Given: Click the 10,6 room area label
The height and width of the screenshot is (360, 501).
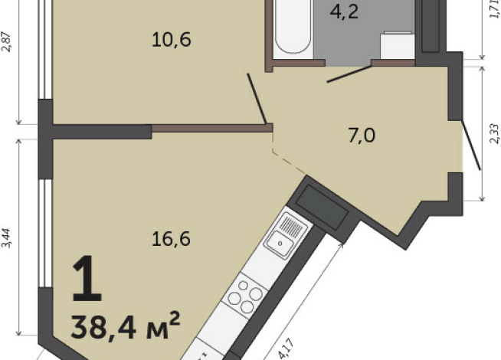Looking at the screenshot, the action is click(172, 40).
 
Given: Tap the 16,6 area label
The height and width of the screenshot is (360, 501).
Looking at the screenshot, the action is click(172, 239).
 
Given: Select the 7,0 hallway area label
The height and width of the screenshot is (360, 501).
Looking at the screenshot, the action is click(362, 136).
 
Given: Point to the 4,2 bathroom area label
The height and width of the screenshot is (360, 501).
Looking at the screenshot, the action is click(344, 12).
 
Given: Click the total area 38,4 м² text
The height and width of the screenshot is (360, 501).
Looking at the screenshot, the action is click(126, 326).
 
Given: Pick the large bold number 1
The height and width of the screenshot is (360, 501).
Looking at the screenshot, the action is click(87, 279).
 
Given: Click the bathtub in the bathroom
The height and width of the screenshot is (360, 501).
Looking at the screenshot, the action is click(293, 27).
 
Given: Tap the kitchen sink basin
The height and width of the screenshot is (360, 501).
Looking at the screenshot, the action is click(280, 244).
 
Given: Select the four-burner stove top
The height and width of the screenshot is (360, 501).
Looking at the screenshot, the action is click(245, 295).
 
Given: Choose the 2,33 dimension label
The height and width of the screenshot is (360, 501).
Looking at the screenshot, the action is click(494, 133).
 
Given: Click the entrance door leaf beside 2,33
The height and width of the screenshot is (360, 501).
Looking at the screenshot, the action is click(471, 145).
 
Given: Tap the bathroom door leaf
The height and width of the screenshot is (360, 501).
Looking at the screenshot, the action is click(349, 74).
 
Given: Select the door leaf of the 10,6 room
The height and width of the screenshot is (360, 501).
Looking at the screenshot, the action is click(257, 98).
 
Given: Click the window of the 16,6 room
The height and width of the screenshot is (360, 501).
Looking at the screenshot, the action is click(45, 233).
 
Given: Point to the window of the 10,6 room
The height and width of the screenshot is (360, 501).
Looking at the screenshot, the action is click(45, 49).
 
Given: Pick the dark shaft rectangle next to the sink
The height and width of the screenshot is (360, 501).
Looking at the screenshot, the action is click(322, 208).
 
